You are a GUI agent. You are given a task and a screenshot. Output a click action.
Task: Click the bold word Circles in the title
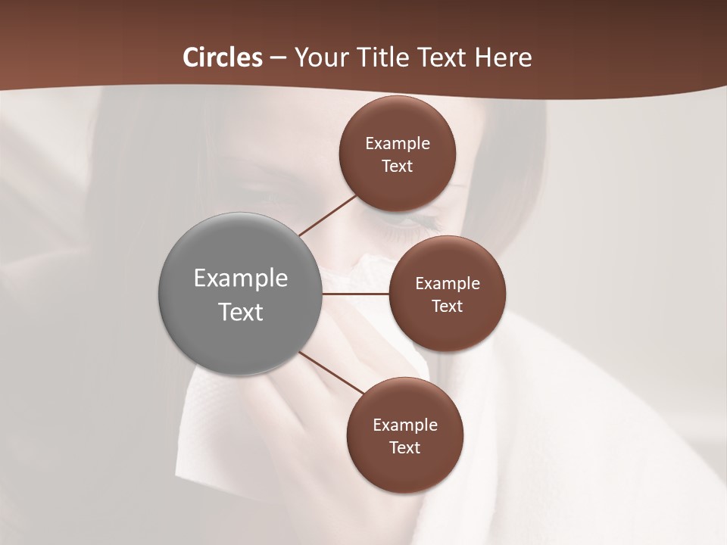(223, 58)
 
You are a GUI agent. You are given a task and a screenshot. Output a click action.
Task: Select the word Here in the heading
(503, 58)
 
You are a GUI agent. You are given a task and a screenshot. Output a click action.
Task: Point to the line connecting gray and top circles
(327, 215)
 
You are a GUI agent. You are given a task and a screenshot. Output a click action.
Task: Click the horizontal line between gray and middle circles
(355, 294)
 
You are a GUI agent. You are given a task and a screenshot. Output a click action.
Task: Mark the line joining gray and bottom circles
(333, 373)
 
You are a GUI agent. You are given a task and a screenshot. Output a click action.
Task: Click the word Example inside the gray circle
(241, 279)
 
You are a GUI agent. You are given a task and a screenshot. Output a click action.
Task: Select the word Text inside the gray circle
(241, 312)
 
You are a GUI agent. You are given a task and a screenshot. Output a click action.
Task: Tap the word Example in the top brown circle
(398, 144)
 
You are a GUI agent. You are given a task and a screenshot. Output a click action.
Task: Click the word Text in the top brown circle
(398, 167)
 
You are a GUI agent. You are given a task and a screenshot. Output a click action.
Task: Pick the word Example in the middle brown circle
(448, 284)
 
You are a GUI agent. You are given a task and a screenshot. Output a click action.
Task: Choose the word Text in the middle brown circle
(448, 307)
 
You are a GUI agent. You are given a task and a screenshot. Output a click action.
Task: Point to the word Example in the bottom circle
(405, 425)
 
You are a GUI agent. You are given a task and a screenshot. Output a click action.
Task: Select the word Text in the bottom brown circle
(405, 448)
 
